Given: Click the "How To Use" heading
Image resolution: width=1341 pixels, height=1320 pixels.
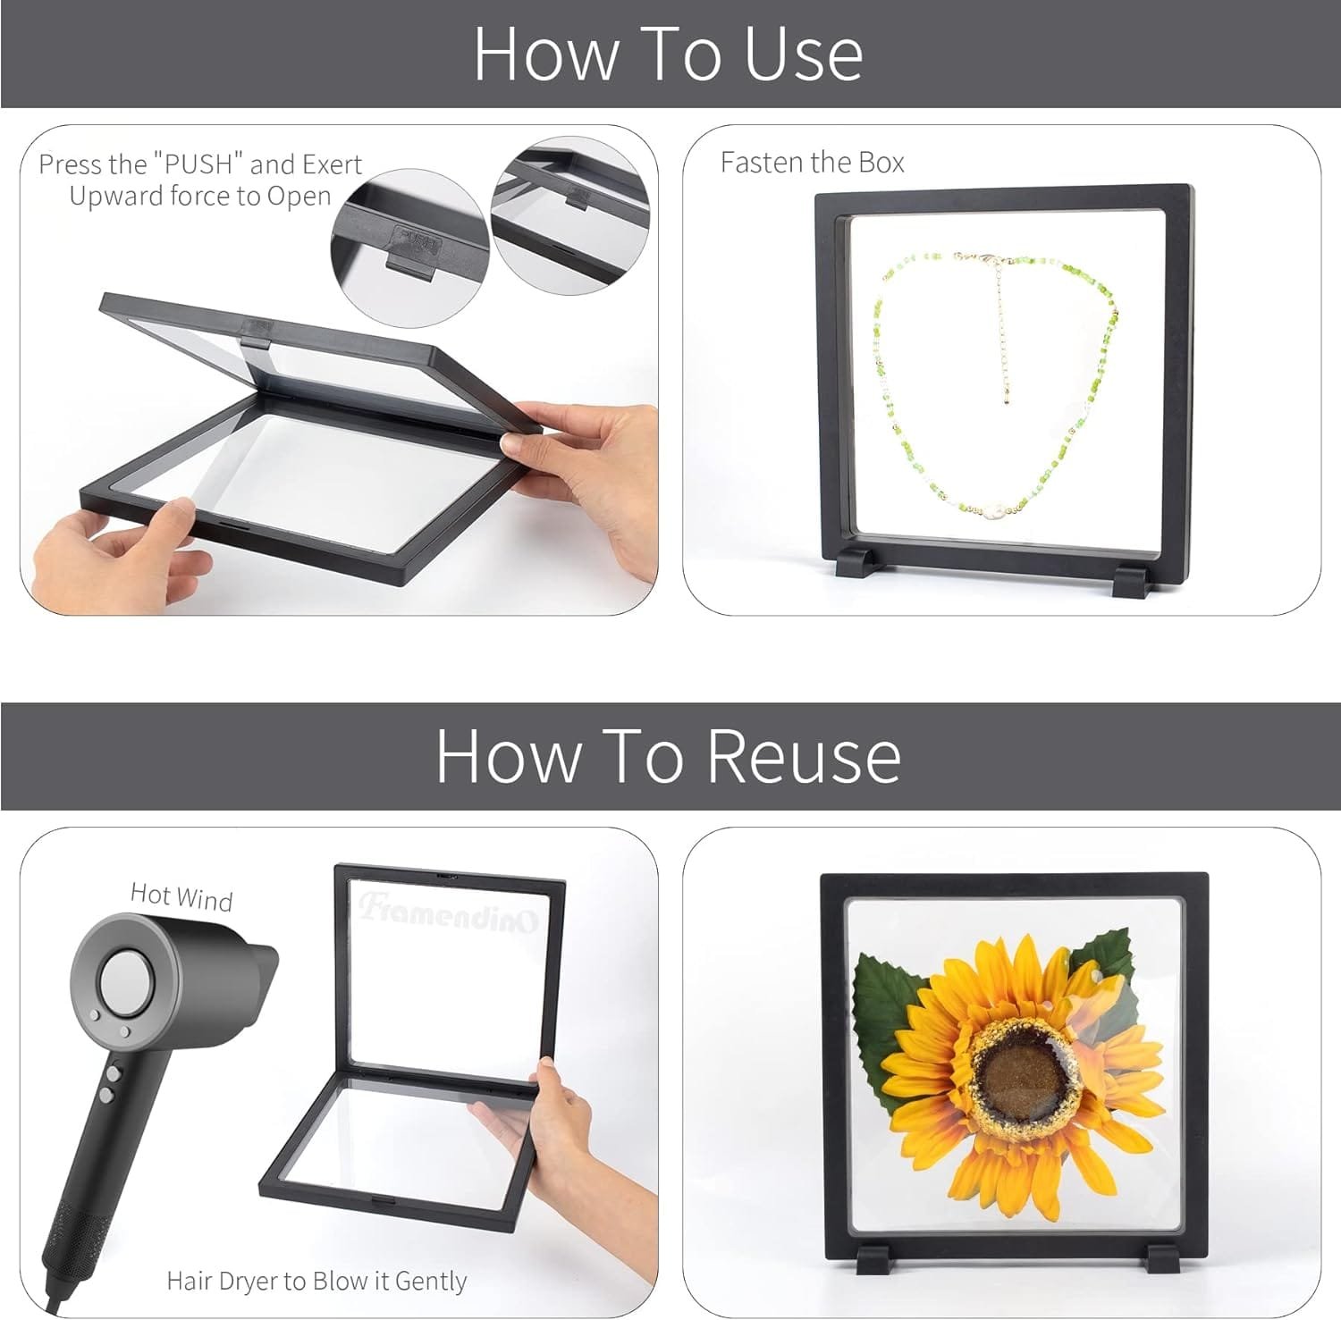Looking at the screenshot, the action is tap(668, 54).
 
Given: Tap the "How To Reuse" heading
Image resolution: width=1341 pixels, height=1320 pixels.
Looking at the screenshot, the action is tap(668, 756).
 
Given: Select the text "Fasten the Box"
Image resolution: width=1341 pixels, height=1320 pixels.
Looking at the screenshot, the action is tap(812, 162).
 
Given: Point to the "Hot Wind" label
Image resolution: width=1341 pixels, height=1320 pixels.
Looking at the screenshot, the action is tap(181, 895).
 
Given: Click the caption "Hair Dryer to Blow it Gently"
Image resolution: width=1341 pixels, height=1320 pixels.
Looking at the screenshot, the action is tap(316, 1281).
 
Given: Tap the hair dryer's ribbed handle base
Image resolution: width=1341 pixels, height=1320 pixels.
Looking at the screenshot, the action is tap(65, 1242).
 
